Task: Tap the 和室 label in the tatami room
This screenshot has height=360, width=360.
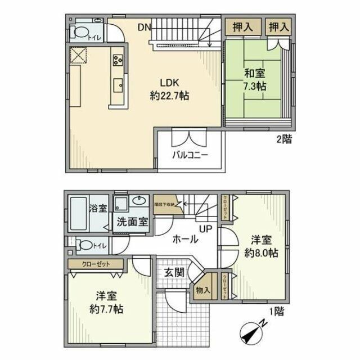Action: coord(255,73)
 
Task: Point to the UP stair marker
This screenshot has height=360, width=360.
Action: coord(205,228)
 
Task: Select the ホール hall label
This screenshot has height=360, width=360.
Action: coord(184,239)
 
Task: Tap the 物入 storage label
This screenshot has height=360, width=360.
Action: coord(203,290)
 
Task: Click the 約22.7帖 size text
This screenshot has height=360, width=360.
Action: coord(169,96)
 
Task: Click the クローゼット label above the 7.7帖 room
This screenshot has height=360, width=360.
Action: coord(95,264)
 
